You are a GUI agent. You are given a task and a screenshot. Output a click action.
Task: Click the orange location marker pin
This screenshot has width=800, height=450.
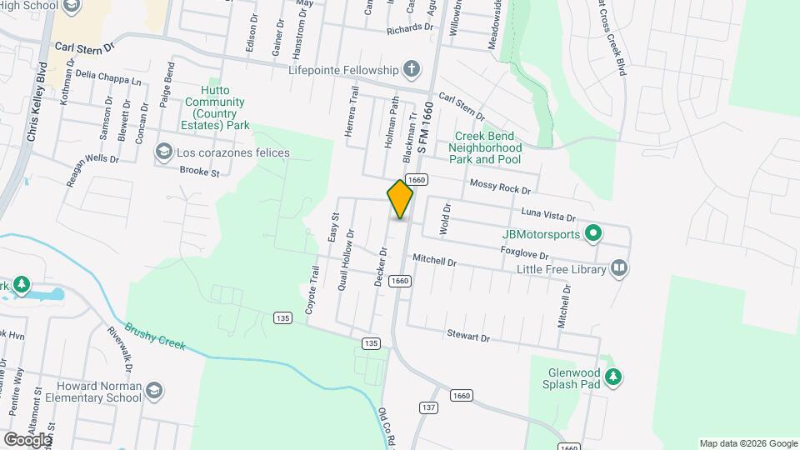pos(400,199)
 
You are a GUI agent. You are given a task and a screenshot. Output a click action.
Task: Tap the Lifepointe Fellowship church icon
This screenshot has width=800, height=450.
pos(411,69)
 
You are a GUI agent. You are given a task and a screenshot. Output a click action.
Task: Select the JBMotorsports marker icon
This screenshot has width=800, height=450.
pos(592,233)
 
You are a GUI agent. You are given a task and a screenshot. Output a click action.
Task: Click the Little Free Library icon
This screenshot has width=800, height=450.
pos(618,268)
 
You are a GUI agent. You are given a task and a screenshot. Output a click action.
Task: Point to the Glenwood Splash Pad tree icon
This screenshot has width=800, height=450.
pos(613,377)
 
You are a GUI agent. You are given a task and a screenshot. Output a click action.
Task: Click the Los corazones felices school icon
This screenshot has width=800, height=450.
pos(163,152)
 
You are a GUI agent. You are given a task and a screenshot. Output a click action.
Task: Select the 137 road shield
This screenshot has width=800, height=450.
pos(429,407)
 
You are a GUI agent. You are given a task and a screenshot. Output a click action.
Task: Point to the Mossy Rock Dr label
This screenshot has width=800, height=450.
pos(500,187)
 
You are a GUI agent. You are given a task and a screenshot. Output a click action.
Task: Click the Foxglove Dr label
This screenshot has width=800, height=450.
pos(524,252)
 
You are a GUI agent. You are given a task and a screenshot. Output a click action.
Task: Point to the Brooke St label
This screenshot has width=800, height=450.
pos(199,172)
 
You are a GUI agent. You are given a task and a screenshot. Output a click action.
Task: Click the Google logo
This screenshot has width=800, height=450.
pos(27,439)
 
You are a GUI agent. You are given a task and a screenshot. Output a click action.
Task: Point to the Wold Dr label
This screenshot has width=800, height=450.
pos(446,217)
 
